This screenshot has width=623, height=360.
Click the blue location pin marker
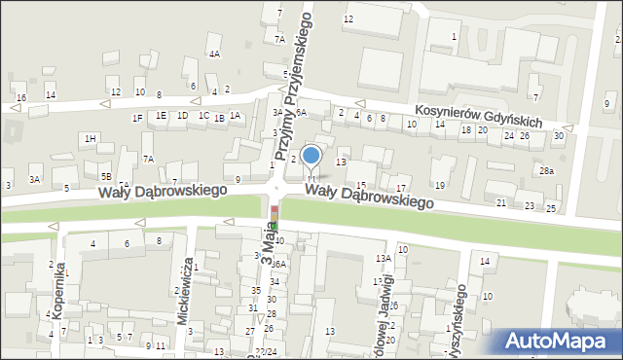311,157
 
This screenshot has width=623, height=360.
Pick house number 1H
90,139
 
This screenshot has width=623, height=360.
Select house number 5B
105,176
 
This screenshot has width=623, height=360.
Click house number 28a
547,170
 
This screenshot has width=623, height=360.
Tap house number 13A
384,258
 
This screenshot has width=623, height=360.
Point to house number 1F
137,118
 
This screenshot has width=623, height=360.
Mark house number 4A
214,54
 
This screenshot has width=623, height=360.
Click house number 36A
277,264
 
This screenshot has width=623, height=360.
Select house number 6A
301,113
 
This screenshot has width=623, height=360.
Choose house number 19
440,185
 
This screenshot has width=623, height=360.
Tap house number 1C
203,116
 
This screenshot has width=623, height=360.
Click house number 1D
182,116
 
